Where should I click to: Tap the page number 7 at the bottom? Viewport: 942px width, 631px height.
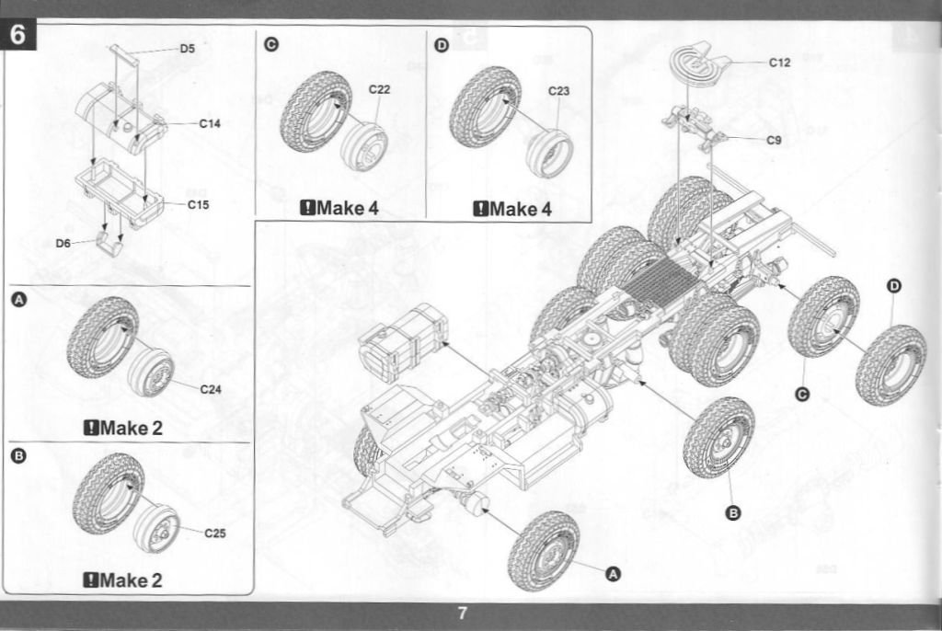click(463, 614)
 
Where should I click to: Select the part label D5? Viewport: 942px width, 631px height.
click(188, 48)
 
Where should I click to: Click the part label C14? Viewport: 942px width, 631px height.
click(210, 123)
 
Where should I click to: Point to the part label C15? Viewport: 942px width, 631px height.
click(199, 204)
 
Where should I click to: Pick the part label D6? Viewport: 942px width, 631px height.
click(63, 243)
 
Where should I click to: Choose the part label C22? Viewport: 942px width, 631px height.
click(380, 89)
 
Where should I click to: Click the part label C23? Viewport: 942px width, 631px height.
click(559, 91)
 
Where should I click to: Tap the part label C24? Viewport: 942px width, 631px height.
click(211, 389)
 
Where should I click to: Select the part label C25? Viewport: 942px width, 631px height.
click(214, 532)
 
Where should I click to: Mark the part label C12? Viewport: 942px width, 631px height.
click(779, 63)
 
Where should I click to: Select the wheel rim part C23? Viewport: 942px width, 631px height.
click(549, 152)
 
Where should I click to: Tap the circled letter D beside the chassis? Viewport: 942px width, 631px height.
click(893, 286)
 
